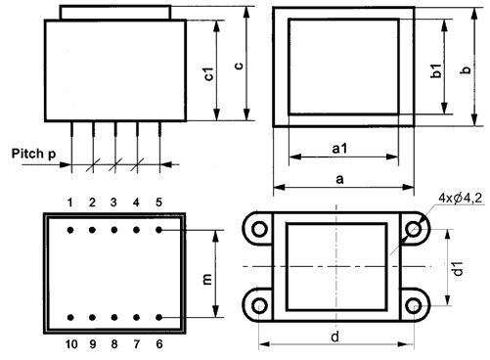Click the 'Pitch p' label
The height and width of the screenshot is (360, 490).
(x=33, y=154)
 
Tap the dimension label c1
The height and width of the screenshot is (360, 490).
(x=208, y=73)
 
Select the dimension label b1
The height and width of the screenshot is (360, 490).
(x=436, y=70)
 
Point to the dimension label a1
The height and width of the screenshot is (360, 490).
(x=339, y=149)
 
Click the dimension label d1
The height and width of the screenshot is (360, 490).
(x=458, y=268)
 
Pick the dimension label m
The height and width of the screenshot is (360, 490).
(x=207, y=280)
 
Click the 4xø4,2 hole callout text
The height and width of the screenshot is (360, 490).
(x=461, y=198)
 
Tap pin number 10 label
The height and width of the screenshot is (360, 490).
(x=71, y=344)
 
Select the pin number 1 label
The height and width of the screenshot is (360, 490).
(x=70, y=202)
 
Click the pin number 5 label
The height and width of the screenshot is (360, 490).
(x=158, y=202)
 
